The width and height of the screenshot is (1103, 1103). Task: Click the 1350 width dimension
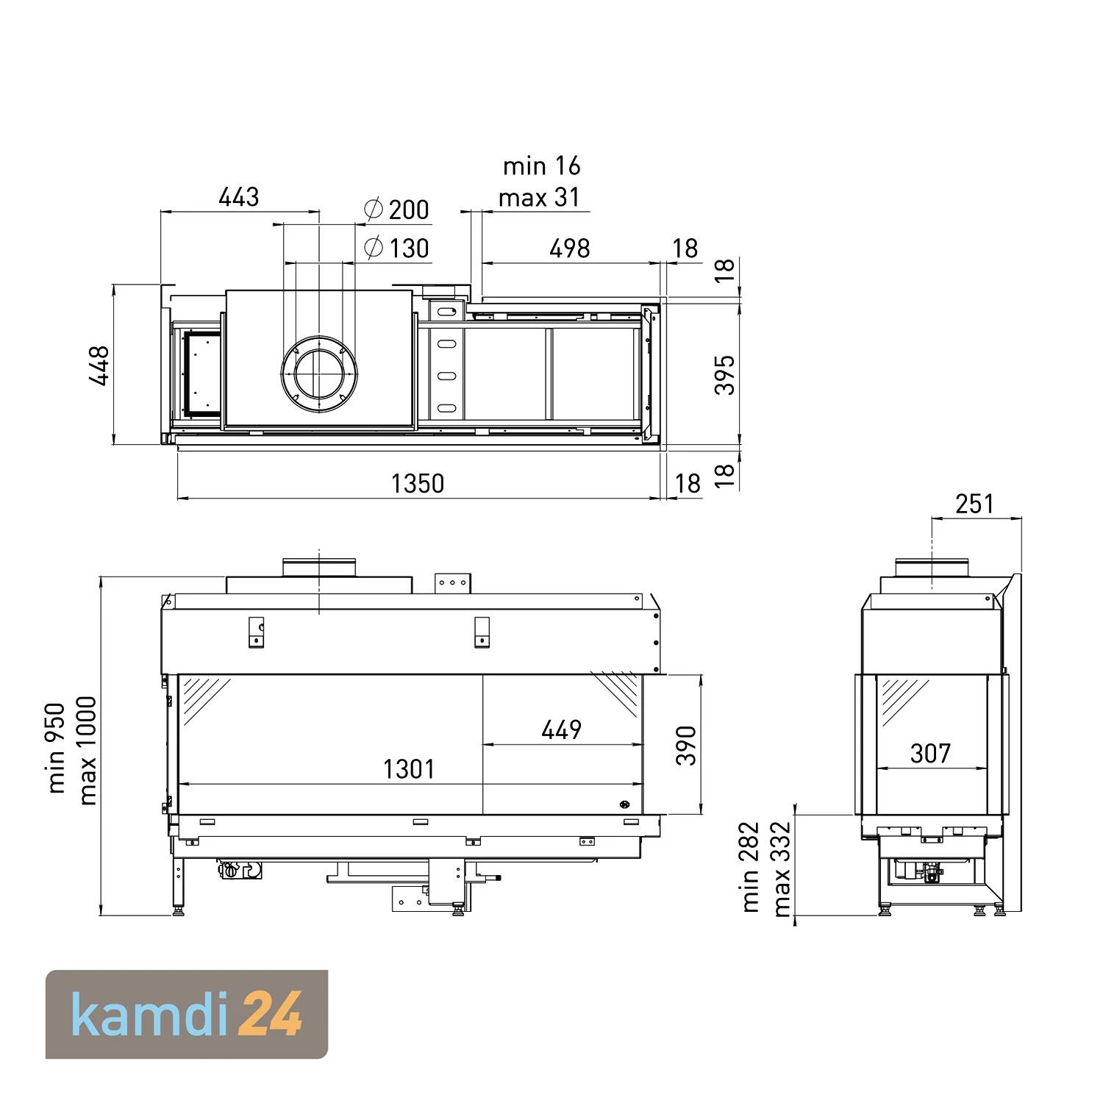point(417,483)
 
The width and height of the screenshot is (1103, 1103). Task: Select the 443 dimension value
point(239,197)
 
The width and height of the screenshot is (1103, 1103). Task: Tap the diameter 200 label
point(397,210)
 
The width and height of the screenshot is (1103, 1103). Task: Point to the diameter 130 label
point(397,248)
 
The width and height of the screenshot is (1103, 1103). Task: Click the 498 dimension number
point(570,249)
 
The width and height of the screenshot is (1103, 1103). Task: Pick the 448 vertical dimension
point(99,365)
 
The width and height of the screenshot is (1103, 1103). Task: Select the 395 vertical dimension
point(725,374)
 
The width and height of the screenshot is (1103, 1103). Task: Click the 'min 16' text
point(541,166)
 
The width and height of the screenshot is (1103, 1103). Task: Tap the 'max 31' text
point(539,198)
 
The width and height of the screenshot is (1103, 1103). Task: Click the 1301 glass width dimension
point(409,769)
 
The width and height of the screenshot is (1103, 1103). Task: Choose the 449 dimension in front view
point(561,729)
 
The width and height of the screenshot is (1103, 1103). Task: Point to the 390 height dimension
point(686,745)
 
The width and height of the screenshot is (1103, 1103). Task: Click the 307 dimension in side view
point(930,753)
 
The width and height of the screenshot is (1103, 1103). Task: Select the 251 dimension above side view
point(974,504)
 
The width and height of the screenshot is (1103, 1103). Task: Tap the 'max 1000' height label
point(88,750)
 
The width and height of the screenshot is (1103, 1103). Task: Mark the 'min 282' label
point(750,867)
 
